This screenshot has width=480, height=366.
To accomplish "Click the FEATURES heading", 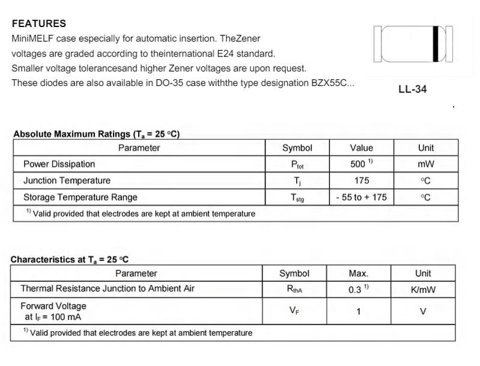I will [x=39, y=24].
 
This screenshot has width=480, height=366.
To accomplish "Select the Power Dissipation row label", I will [x=59, y=164].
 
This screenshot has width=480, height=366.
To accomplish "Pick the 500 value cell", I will [x=361, y=164].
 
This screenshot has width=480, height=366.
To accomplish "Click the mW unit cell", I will [x=426, y=164].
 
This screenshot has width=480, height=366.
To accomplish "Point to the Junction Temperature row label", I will [x=67, y=180].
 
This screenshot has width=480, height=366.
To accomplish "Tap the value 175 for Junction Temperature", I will [x=361, y=180].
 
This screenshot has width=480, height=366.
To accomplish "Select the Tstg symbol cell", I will [x=297, y=197].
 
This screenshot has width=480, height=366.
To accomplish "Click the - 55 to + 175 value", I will [x=361, y=197].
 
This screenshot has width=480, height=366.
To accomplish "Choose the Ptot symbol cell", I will [x=297, y=165].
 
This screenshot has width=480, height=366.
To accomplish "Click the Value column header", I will [x=361, y=148].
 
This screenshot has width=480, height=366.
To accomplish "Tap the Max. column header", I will [x=358, y=273].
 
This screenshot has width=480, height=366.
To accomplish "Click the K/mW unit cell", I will [x=423, y=290].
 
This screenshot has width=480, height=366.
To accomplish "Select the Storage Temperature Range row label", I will [x=80, y=197].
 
